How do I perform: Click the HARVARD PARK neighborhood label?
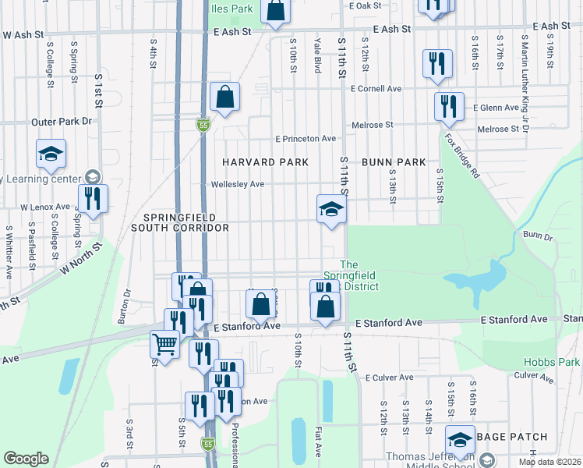coord(265,162)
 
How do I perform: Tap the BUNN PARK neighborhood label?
coord(394,162)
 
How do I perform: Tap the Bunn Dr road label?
coord(538,235)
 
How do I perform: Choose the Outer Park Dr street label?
coord(62,122)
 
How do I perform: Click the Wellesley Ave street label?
coord(238,185)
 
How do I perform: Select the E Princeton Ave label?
coord(305,139)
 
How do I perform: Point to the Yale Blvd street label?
coord(317,51)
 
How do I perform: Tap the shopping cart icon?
coord(164,343)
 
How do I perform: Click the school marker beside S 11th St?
coord(330,209)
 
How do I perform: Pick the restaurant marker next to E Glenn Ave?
coord(448,106)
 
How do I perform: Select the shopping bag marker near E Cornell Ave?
coord(224,97)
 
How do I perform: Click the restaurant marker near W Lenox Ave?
coord(93,199)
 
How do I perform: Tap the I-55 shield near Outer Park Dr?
coord(203,125)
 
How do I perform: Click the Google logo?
coord(26,459)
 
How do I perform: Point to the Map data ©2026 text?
coord(549,462)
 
